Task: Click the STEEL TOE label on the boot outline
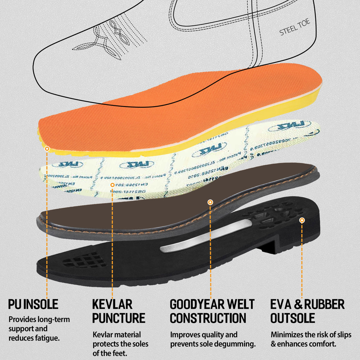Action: pos(295,28)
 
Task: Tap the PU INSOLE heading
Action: pos(33,304)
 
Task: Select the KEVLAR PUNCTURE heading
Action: pos(119,311)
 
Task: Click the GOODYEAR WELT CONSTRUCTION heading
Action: pos(212,311)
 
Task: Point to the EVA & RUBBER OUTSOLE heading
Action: pos(307,311)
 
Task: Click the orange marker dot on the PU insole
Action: pos(47,149)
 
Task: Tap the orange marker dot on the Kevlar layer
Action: pos(112,185)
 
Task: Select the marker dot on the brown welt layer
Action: pos(210,202)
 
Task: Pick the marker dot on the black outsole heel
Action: pos(302,220)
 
